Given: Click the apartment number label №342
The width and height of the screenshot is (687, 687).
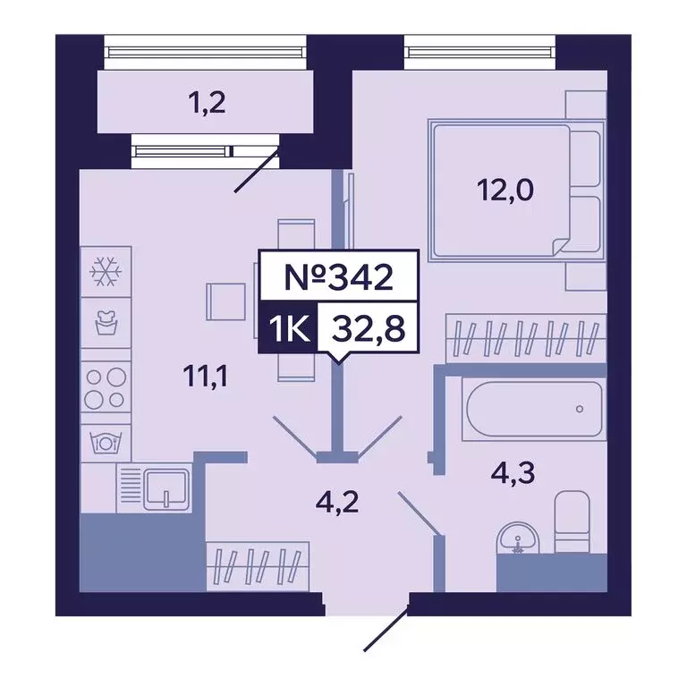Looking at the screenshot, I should tap(338, 277).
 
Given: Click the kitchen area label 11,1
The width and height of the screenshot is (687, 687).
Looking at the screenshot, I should tap(208, 377).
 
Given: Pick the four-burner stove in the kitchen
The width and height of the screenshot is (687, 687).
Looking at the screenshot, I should tap(106, 389).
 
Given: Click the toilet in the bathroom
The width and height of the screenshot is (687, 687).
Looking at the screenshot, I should tap(571, 521).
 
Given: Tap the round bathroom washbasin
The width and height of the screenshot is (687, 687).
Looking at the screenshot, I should tap(516, 539).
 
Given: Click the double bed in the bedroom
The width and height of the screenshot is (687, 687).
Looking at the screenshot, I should tap(501, 191).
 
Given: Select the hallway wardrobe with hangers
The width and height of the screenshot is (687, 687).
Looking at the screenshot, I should tap(250, 566).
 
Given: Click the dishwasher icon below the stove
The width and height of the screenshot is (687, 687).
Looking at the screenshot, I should tap(106, 441).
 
